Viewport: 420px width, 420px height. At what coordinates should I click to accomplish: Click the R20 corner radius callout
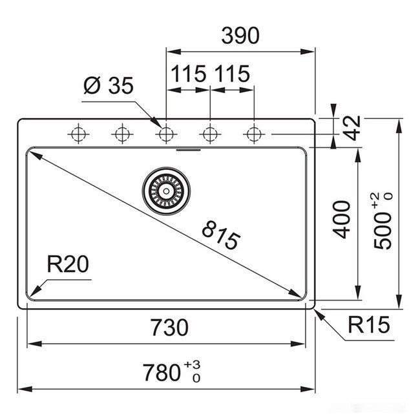coord(67,265)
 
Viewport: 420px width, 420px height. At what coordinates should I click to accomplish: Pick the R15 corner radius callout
coord(370,326)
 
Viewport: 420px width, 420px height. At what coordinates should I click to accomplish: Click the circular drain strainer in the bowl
coord(166,189)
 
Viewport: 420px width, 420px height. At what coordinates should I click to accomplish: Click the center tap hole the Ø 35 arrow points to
coord(166,134)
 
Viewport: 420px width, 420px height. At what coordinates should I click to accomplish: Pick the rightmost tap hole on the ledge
coord(253,134)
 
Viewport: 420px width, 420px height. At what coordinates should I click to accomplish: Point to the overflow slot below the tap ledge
coord(188,149)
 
